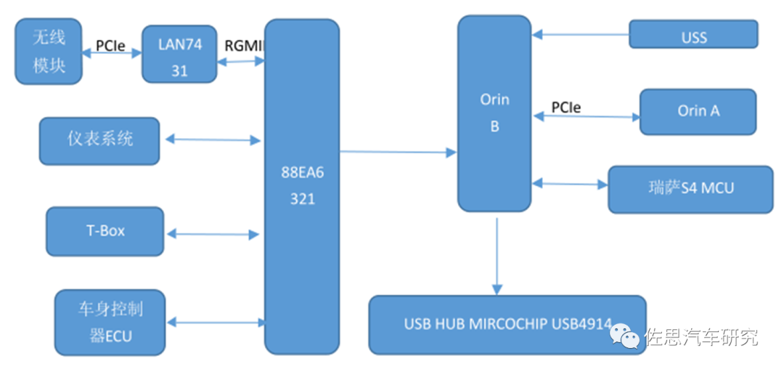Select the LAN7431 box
pos(179,54)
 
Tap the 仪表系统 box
pos(99,140)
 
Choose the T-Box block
pos(105,231)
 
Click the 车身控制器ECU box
pos(110,323)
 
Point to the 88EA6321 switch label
pos(302,185)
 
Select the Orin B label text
pos(494,113)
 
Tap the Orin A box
pos(698,111)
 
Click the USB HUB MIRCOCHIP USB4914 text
pos(507,324)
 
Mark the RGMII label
pos(243,45)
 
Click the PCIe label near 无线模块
pos(110,45)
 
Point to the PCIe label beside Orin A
pos(565,107)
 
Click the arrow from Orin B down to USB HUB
pos(497,254)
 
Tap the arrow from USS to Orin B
pos(580,33)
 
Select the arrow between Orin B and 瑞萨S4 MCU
pos(570,184)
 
